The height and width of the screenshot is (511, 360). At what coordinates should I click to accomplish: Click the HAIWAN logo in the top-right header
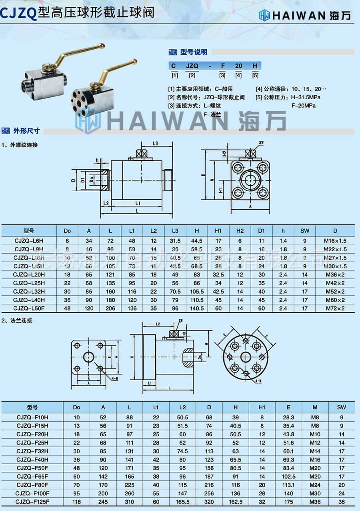pos(305,15)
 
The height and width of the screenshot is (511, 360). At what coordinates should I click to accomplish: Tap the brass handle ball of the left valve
pos(102,46)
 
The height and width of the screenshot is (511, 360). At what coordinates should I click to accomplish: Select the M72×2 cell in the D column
pos(334,309)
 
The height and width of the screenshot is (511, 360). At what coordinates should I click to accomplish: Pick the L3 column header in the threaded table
pos(175,231)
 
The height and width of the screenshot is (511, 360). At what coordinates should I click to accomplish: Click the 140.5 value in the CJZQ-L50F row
pos(196,309)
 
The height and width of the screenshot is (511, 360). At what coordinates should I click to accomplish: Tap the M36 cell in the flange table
pos(315,501)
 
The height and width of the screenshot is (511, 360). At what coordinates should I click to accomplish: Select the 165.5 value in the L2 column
pos(182,501)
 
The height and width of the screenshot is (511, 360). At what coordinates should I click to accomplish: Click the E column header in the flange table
pos(288,407)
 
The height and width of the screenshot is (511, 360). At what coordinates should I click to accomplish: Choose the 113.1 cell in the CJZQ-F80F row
pos(288,485)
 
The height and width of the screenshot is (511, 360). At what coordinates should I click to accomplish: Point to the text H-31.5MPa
pos(306,97)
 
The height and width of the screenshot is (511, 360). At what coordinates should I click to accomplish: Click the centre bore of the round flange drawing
pos(245,357)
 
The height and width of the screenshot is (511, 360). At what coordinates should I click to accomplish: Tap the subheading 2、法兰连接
pos(17,321)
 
